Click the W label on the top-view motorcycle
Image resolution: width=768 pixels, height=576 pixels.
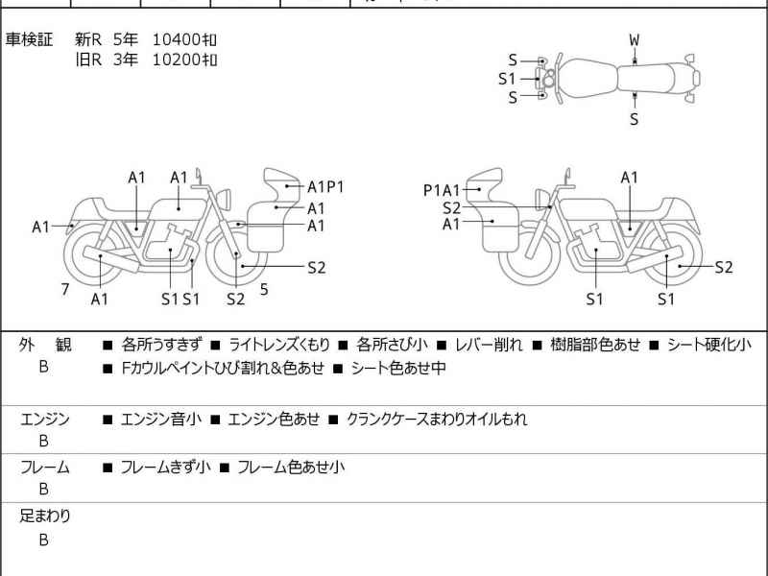pyautogui.click(x=635, y=40)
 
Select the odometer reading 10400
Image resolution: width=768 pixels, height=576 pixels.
pyautogui.click(x=177, y=39)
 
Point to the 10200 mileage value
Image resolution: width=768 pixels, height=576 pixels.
pyautogui.click(x=177, y=60)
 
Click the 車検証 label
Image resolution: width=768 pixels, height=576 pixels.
pyautogui.click(x=29, y=39)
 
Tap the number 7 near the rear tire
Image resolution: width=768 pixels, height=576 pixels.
pyautogui.click(x=65, y=290)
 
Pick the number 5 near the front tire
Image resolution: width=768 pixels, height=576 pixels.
pyautogui.click(x=264, y=290)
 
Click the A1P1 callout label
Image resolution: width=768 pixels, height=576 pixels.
pyautogui.click(x=325, y=186)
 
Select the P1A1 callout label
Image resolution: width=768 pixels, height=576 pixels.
pyautogui.click(x=442, y=190)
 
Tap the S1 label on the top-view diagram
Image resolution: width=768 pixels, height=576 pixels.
pyautogui.click(x=508, y=79)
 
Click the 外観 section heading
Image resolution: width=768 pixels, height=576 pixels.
pyautogui.click(x=45, y=345)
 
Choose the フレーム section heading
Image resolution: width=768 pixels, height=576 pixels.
pyautogui.click(x=44, y=468)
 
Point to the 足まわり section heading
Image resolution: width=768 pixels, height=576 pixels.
pyautogui.click(x=45, y=516)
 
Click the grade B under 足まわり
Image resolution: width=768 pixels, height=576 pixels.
pyautogui.click(x=43, y=540)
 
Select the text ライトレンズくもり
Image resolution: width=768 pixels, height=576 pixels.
pyautogui.click(x=279, y=345)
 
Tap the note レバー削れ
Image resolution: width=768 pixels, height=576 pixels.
pyautogui.click(x=489, y=345)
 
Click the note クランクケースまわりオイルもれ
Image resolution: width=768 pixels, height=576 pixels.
pyautogui.click(x=437, y=420)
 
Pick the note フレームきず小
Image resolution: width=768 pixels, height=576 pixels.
pyautogui.click(x=165, y=468)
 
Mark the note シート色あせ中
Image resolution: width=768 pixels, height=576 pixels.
pyautogui.click(x=398, y=368)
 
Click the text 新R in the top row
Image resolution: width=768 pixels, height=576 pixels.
pyautogui.click(x=88, y=39)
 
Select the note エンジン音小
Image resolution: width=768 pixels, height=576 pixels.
pyautogui.click(x=160, y=420)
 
